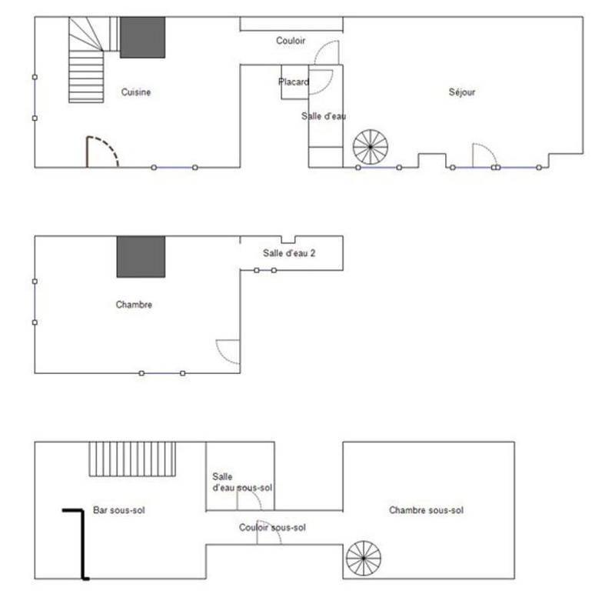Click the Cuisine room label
point(136,92)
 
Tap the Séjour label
point(462,92)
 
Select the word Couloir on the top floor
point(291,41)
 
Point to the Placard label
point(294,82)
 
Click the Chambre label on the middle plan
point(134,305)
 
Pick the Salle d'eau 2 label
point(289,253)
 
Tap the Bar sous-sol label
point(119,510)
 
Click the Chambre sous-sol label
point(427,510)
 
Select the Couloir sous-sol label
point(273,528)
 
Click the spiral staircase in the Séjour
point(371,147)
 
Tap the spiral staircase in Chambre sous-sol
point(364,558)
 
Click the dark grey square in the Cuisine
point(142,37)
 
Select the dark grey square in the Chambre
point(141,257)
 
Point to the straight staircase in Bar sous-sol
point(132,459)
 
